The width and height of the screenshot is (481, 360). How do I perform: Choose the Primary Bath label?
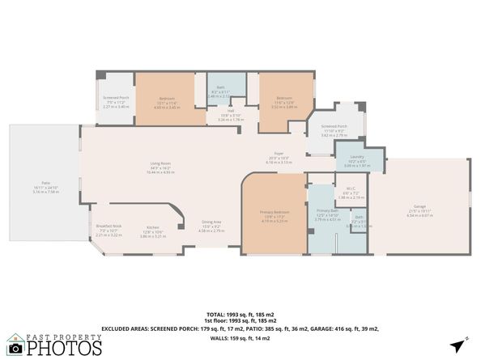pyautogui.click(x=327, y=210)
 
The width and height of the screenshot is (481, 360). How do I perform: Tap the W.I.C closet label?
pyautogui.click(x=346, y=190)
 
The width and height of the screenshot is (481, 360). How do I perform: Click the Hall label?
pyautogui.click(x=225, y=112)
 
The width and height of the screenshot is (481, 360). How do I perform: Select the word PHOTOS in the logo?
pyautogui.click(x=65, y=349)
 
